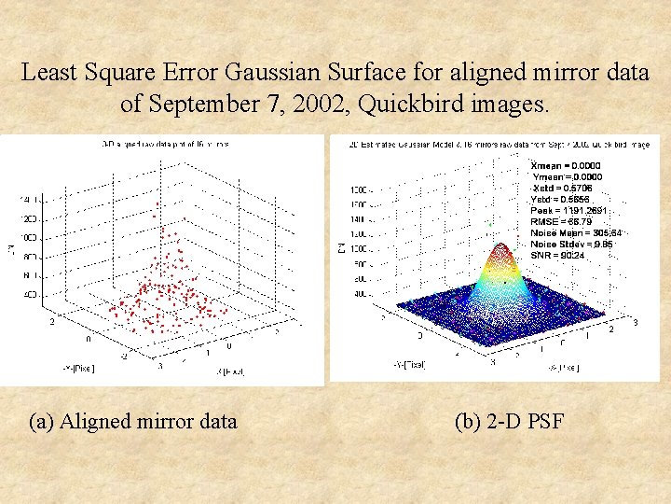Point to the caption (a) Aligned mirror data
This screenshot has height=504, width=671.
133,421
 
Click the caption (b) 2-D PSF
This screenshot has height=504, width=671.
509,421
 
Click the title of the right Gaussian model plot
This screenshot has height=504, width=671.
499,144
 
